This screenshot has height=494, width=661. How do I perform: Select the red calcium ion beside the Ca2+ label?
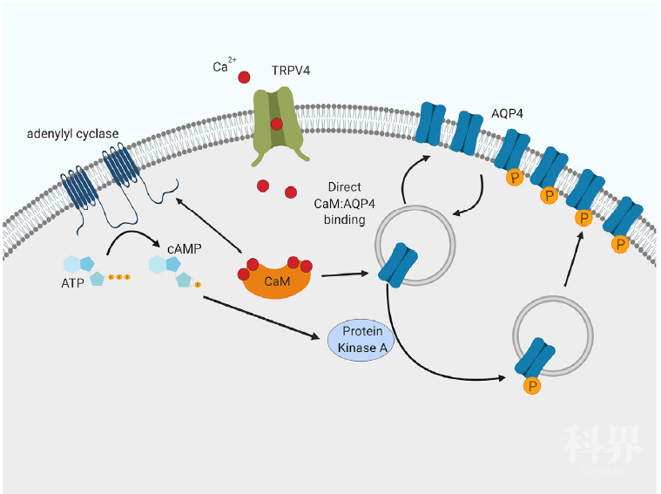click(x=245, y=78)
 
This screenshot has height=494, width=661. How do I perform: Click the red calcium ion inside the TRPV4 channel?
click(x=276, y=124)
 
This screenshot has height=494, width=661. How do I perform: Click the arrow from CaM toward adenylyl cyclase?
click(x=209, y=227)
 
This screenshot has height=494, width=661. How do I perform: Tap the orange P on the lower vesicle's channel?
click(x=529, y=384)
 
